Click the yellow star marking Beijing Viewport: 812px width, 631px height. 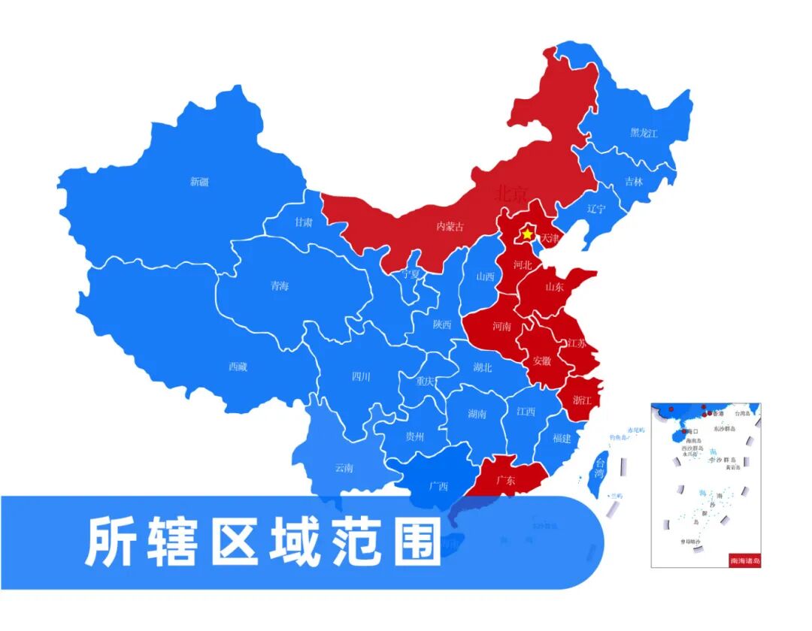(528, 234)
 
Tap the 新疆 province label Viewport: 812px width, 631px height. (199, 182)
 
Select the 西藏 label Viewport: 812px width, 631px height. (238, 367)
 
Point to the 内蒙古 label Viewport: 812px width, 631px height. (450, 226)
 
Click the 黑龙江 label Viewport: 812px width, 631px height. (644, 133)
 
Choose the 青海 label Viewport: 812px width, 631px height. (280, 286)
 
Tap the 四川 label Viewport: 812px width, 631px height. (361, 377)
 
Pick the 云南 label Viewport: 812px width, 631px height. (344, 468)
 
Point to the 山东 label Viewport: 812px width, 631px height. (554, 286)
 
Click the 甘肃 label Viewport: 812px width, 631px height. (304, 222)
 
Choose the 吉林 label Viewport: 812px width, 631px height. (634, 182)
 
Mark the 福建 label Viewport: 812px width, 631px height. (562, 438)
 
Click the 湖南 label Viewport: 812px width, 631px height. (477, 414)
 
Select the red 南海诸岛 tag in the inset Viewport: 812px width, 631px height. (744, 560)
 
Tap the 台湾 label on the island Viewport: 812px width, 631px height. (599, 467)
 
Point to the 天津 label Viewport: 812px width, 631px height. (550, 239)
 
